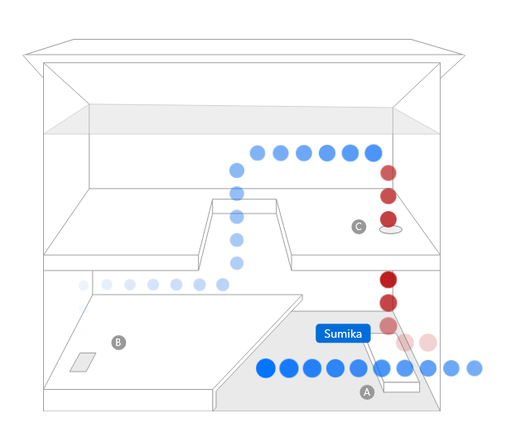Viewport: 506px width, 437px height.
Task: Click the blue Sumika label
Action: (x=342, y=334)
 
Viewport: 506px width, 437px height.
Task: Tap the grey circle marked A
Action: (x=367, y=392)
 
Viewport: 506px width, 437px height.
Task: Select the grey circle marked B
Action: (x=118, y=342)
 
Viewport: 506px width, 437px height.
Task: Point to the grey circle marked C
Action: (x=359, y=226)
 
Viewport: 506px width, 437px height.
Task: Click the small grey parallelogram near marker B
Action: (x=82, y=362)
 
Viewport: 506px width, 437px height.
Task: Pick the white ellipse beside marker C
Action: (x=391, y=229)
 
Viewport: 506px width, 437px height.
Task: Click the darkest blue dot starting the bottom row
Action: (x=266, y=367)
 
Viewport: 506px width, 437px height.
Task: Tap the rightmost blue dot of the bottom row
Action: (x=475, y=367)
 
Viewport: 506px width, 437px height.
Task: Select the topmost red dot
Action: (x=388, y=173)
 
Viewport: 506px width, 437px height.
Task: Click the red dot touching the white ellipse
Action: (x=388, y=219)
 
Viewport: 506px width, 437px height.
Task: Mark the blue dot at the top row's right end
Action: (x=373, y=152)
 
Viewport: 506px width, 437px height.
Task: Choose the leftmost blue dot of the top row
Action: (x=258, y=152)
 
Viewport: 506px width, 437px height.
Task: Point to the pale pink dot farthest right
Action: (x=427, y=342)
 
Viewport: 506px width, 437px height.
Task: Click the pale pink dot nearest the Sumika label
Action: (x=405, y=342)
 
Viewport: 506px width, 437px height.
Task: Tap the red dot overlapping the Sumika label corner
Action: (x=388, y=325)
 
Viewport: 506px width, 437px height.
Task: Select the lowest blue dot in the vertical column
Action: (x=237, y=263)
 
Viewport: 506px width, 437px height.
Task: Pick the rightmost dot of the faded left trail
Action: (x=223, y=285)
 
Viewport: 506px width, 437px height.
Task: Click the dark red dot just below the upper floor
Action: (x=388, y=279)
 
